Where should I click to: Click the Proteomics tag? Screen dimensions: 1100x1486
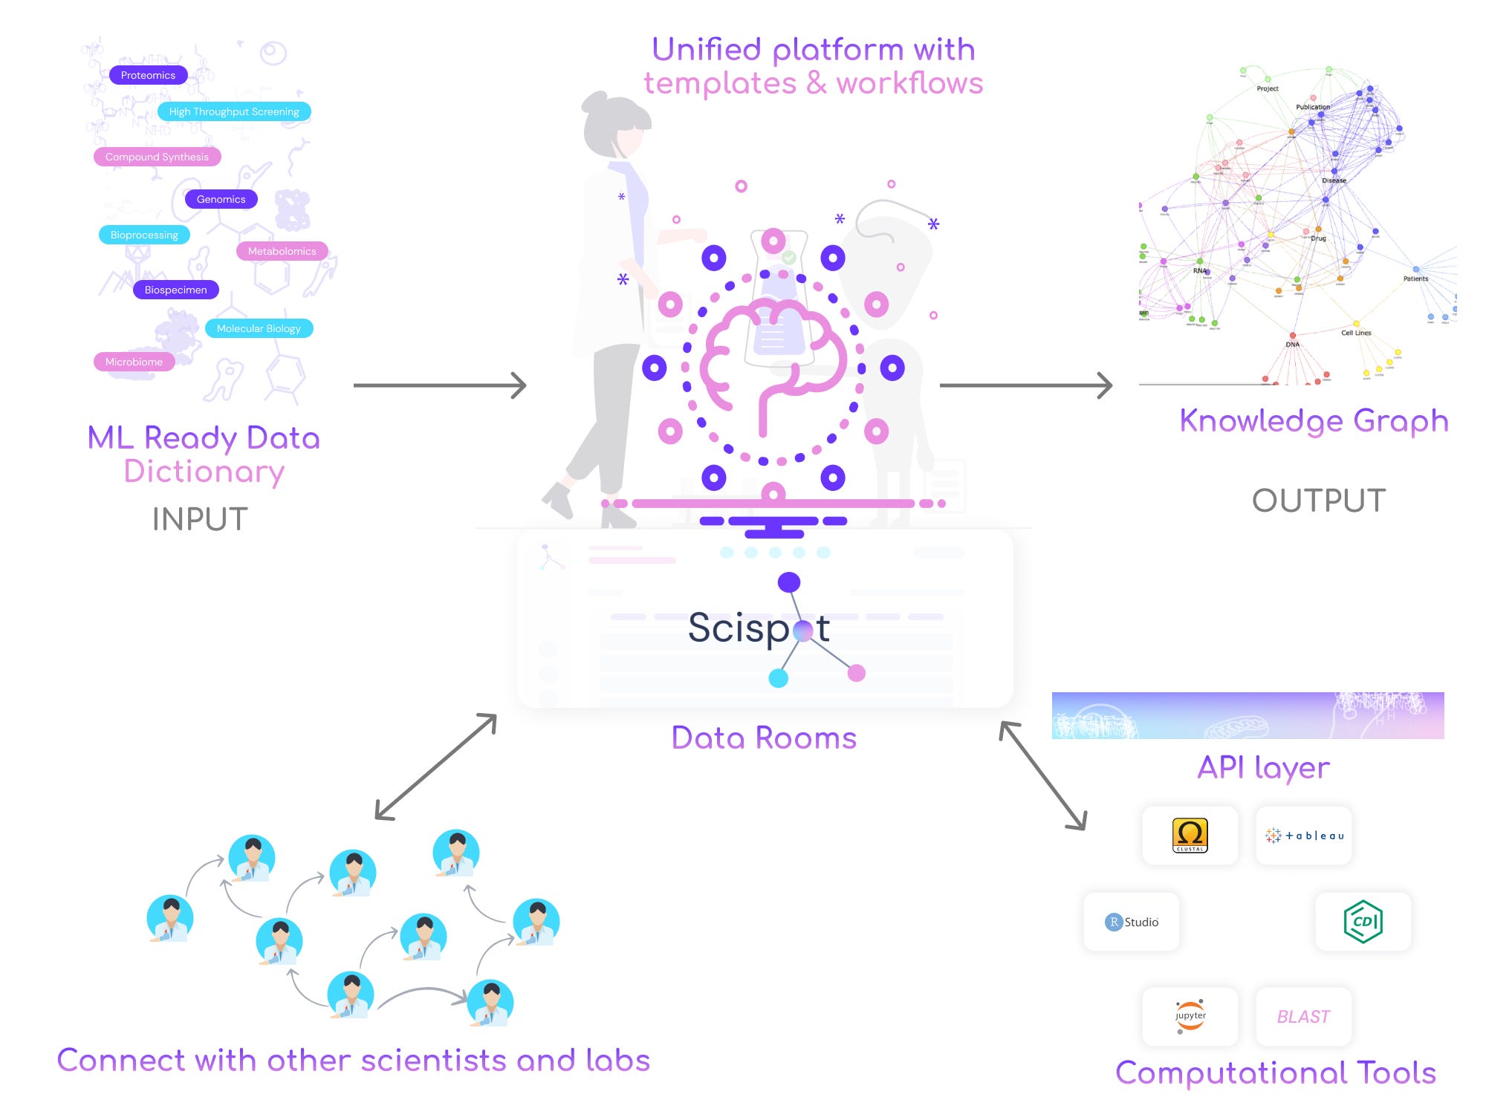pyautogui.click(x=148, y=75)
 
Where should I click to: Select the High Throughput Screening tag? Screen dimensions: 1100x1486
pyautogui.click(x=234, y=111)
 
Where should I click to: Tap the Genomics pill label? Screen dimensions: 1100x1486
pyautogui.click(x=221, y=199)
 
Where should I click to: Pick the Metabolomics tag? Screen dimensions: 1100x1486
pyautogui.click(x=282, y=251)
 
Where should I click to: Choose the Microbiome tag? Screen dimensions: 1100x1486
pyautogui.click(x=134, y=362)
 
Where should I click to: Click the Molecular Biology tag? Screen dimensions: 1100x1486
pyautogui.click(x=259, y=328)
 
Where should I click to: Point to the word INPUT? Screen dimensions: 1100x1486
pyautogui.click(x=200, y=519)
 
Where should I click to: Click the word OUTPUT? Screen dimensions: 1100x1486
pyautogui.click(x=1319, y=500)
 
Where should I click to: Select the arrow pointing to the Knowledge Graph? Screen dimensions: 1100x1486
pyautogui.click(x=1025, y=385)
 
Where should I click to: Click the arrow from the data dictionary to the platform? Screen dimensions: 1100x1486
pyautogui.click(x=440, y=385)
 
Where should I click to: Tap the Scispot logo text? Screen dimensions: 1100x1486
pyautogui.click(x=758, y=628)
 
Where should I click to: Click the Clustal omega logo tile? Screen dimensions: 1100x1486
pyautogui.click(x=1190, y=836)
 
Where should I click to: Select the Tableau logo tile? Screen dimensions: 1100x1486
pyautogui.click(x=1304, y=836)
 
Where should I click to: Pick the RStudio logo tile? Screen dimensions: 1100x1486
pyautogui.click(x=1132, y=922)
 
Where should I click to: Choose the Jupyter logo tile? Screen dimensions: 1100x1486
pyautogui.click(x=1190, y=1016)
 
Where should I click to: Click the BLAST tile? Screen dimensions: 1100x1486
pyautogui.click(x=1303, y=1016)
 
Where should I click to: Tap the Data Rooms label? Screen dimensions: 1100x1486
pyautogui.click(x=764, y=738)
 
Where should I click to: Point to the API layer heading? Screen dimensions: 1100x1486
pyautogui.click(x=1263, y=767)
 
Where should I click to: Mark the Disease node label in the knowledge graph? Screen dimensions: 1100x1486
pyautogui.click(x=1334, y=180)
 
